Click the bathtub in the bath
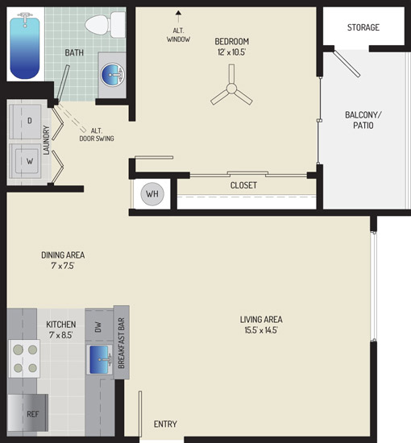25,45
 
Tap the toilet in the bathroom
105,25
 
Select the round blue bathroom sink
113,75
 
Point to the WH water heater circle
152,194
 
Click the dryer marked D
25,122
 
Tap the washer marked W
25,161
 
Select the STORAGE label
363,27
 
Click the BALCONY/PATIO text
363,120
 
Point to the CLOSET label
243,185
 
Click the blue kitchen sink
99,359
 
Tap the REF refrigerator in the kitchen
27,412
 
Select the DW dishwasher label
98,327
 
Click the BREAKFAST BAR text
121,343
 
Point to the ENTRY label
165,424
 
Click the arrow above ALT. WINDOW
178,17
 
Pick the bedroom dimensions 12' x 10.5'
231,52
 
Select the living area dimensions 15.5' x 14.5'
261,329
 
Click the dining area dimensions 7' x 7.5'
63,266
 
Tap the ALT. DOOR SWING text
97,135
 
